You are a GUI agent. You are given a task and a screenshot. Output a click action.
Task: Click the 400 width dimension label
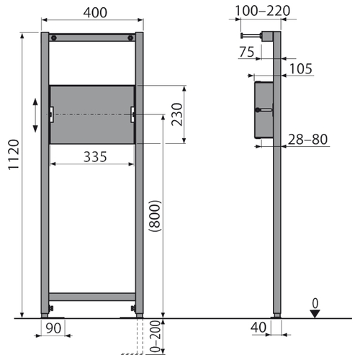pyautogui.click(x=95, y=12)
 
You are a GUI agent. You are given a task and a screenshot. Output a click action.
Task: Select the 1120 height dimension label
pyautogui.click(x=14, y=155)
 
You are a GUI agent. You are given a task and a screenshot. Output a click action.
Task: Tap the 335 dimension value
pyautogui.click(x=95, y=157)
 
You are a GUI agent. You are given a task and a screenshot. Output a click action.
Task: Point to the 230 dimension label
pyautogui.click(x=177, y=114)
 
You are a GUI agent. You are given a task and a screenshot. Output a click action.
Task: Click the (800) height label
pyautogui.click(x=155, y=216)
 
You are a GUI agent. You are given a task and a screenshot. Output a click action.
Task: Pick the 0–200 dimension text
pyautogui.click(x=156, y=336)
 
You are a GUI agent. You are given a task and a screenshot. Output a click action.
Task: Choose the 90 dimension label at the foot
pyautogui.click(x=53, y=328)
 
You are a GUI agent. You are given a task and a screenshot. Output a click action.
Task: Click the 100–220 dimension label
pyautogui.click(x=262, y=11)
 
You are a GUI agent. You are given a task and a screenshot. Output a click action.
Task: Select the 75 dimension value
pyautogui.click(x=246, y=52)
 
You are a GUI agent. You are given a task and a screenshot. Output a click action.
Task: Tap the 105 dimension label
pyautogui.click(x=301, y=69)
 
